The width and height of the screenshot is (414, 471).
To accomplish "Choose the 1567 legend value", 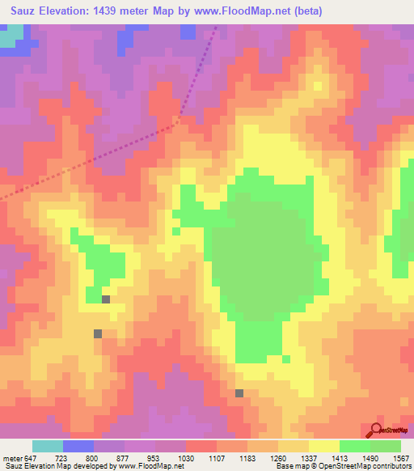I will (x=402, y=457).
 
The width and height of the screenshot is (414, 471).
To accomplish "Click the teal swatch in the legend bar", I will (x=48, y=446).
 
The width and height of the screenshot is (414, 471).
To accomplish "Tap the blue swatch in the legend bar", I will (x=78, y=446).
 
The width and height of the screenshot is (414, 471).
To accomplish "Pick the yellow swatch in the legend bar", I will (x=324, y=446).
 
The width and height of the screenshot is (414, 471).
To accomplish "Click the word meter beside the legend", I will (x=12, y=457).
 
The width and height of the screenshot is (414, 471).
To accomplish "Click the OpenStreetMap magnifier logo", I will (x=376, y=430).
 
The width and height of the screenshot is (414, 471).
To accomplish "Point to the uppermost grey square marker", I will (x=106, y=299).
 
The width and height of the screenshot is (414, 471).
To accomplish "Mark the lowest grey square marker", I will (x=239, y=393).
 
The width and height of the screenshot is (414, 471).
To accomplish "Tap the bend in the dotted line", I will (x=172, y=125).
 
